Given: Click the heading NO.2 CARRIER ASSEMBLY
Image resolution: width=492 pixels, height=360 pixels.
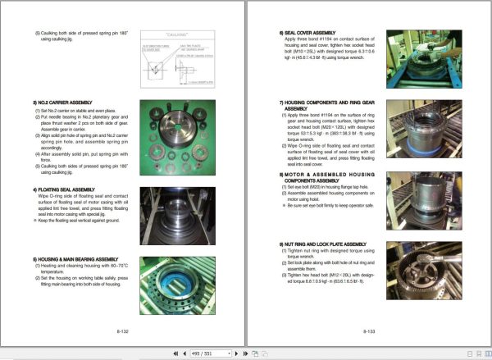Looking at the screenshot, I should coord(61,103).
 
